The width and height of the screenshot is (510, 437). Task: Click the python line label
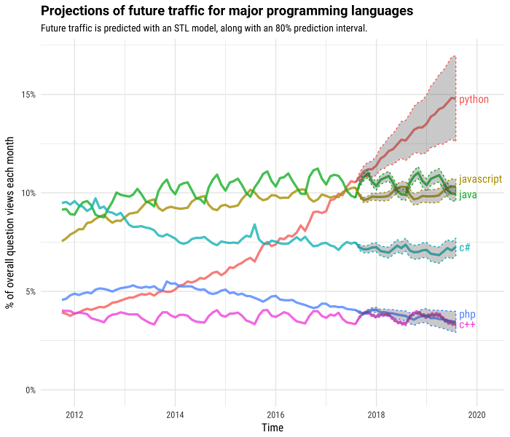[474, 99]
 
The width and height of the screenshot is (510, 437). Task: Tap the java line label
[468, 194]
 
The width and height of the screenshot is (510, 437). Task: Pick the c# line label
[464, 248]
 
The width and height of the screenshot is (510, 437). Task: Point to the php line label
[467, 314]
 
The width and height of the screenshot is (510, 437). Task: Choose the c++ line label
[467, 324]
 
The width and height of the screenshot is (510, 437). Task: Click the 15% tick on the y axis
[27, 95]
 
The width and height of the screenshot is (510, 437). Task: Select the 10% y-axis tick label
[27, 193]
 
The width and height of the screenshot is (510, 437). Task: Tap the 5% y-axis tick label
[29, 291]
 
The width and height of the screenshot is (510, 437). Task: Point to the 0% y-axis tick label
[29, 390]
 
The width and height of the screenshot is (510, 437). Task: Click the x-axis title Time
[272, 428]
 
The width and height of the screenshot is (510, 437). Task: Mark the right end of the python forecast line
[455, 97]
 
